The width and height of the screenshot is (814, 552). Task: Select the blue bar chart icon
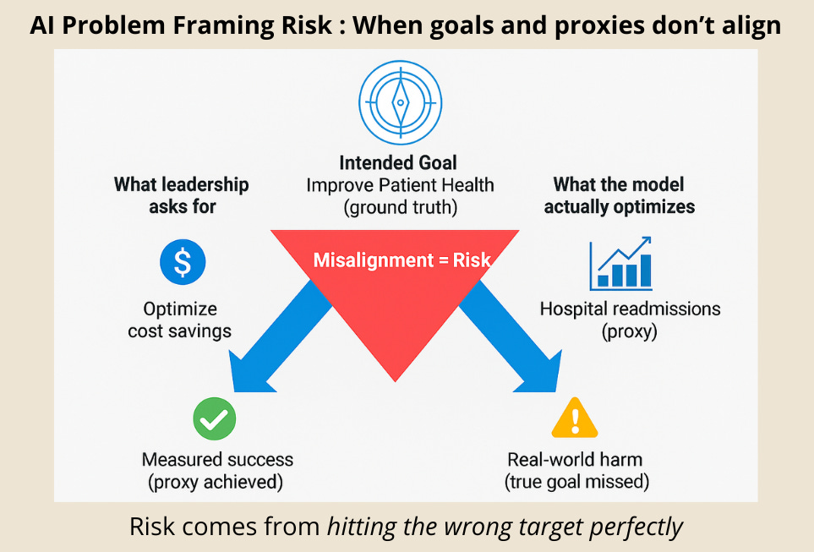coord(621,263)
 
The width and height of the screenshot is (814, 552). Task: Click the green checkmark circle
coord(214,418)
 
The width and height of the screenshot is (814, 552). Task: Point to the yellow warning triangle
coord(574,418)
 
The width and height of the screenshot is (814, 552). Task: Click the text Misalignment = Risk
coord(402,260)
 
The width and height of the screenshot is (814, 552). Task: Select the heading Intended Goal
coord(400,162)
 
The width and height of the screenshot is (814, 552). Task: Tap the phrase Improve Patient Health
coord(400,185)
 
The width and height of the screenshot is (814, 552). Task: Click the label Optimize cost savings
coord(180,319)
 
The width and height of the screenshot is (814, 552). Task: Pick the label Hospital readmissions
coord(630,308)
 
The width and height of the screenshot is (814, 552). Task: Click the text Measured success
coord(217,460)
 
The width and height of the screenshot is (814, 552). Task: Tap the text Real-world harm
coord(575,460)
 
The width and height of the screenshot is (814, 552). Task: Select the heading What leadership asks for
coord(181,194)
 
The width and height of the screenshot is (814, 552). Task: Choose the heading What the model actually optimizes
coord(619,194)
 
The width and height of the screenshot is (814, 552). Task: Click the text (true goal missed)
coord(576,482)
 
